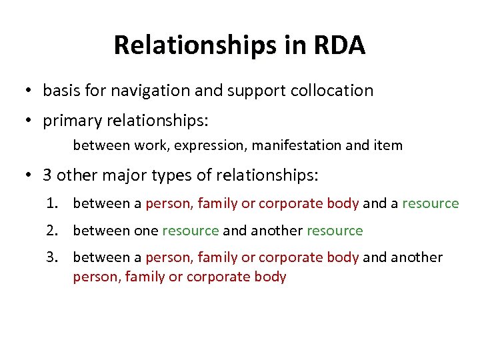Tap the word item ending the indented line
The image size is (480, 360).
pos(389,145)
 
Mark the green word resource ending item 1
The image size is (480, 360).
pos(431,203)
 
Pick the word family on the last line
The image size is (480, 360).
pos(146,277)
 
